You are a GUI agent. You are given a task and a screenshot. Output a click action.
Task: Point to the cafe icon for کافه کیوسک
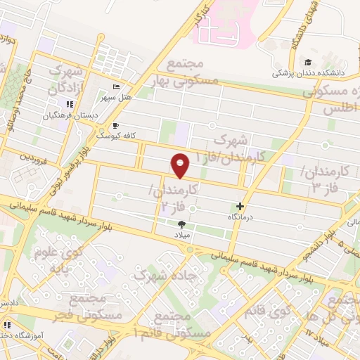point(115,127)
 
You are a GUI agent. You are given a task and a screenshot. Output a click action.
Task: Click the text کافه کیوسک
point(110,134)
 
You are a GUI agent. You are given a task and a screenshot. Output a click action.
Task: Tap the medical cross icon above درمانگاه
point(240,207)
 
